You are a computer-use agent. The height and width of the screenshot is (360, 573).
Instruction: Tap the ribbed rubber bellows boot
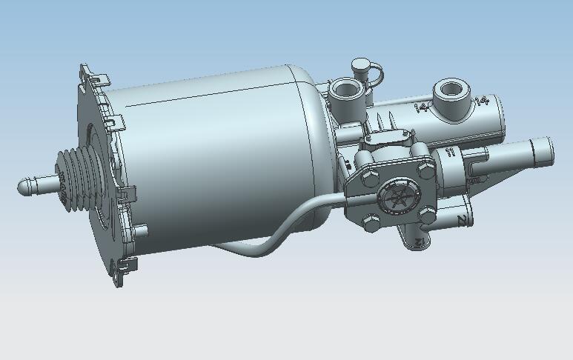tap(74, 181)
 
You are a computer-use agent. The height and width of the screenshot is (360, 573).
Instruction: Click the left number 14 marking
tap(420, 108)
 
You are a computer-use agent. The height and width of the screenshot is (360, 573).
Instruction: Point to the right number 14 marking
tap(482, 101)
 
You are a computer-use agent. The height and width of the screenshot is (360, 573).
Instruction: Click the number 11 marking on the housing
tap(448, 153)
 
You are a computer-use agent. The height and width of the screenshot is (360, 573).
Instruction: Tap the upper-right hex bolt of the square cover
tap(425, 170)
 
